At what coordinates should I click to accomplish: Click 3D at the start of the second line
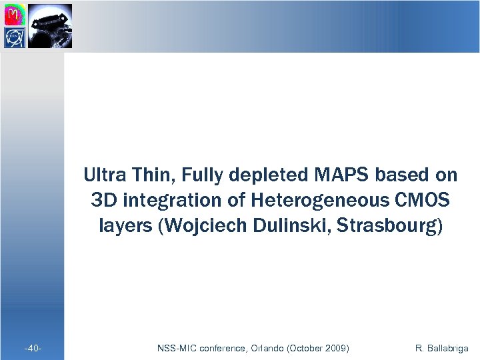100,200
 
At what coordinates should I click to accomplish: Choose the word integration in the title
160,200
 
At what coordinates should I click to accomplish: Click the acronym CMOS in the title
421,200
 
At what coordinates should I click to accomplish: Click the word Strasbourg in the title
394,225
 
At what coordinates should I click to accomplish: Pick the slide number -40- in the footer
33,349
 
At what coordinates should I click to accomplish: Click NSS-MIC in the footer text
176,349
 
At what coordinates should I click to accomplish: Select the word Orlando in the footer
267,349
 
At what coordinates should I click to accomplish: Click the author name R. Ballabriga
441,349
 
